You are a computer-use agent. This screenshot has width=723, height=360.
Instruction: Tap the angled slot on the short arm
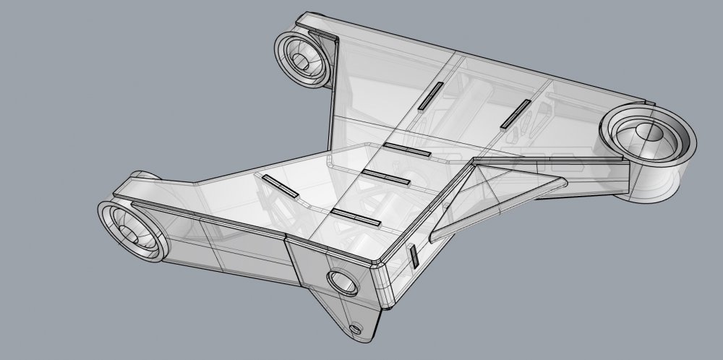(279, 186)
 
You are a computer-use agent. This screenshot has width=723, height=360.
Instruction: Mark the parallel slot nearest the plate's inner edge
(407, 150)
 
